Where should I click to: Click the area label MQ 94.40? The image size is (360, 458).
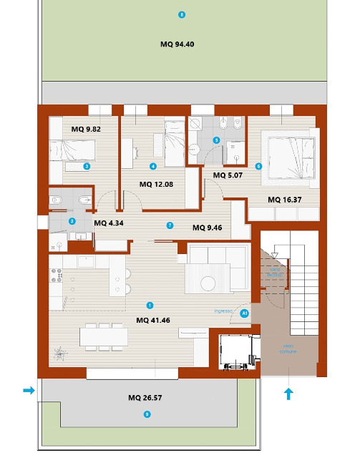[177, 44]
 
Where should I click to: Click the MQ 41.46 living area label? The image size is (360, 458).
[153, 320]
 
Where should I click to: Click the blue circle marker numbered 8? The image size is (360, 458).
[182, 14]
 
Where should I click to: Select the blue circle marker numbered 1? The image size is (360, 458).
[150, 305]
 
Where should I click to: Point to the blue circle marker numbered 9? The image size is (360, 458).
[147, 414]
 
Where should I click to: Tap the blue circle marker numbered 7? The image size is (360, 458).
[170, 225]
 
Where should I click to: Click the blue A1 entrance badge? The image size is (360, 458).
[244, 313]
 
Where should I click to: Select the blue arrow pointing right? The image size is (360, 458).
[29, 390]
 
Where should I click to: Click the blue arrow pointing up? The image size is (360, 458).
[288, 394]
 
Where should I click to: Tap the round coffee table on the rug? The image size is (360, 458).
[210, 281]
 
